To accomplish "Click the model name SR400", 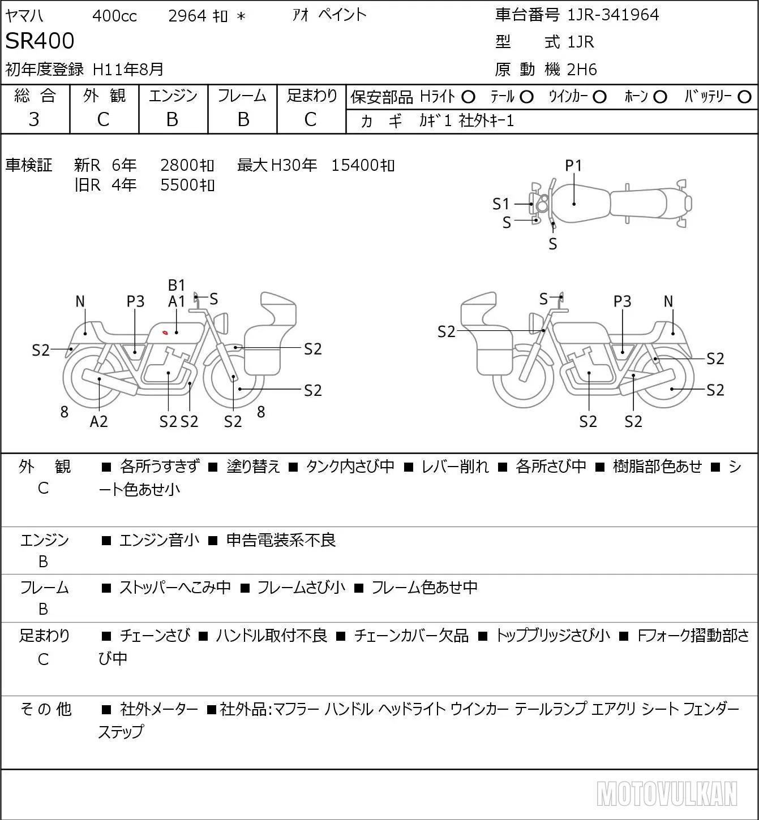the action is [40, 41].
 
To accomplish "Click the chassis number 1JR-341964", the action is [613, 15].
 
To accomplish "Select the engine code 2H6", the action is [582, 70].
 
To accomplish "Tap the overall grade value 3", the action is [34, 119].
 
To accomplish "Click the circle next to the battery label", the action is [744, 97].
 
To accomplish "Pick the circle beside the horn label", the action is [660, 97].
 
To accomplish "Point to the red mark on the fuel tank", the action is [165, 333].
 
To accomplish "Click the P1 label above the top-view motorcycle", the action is [573, 166].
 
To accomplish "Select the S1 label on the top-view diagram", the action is [501, 204].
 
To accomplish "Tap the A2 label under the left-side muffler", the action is [99, 421].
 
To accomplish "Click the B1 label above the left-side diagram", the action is [177, 286].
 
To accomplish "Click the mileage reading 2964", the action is [187, 16].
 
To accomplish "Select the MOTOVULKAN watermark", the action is [667, 793].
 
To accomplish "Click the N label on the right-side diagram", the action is [668, 301].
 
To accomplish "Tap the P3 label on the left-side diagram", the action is [136, 301].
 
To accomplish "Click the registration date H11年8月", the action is [128, 70].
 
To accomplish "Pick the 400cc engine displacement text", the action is [114, 16].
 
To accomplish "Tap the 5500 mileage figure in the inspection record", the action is [179, 185].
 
